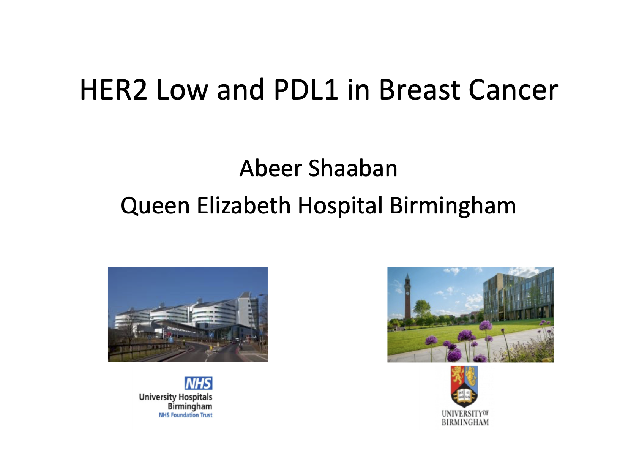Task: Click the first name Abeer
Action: click(x=271, y=168)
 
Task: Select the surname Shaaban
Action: click(x=353, y=168)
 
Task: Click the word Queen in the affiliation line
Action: click(x=155, y=206)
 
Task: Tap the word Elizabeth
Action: click(x=244, y=205)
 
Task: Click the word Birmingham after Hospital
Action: click(x=453, y=206)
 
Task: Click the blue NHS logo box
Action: click(x=199, y=383)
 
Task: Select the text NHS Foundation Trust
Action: click(x=186, y=415)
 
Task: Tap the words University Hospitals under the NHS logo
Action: click(x=176, y=397)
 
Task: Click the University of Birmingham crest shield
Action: click(x=464, y=386)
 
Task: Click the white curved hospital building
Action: click(x=188, y=314)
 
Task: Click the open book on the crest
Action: click(x=464, y=395)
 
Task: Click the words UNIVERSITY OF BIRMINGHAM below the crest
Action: click(x=465, y=418)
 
